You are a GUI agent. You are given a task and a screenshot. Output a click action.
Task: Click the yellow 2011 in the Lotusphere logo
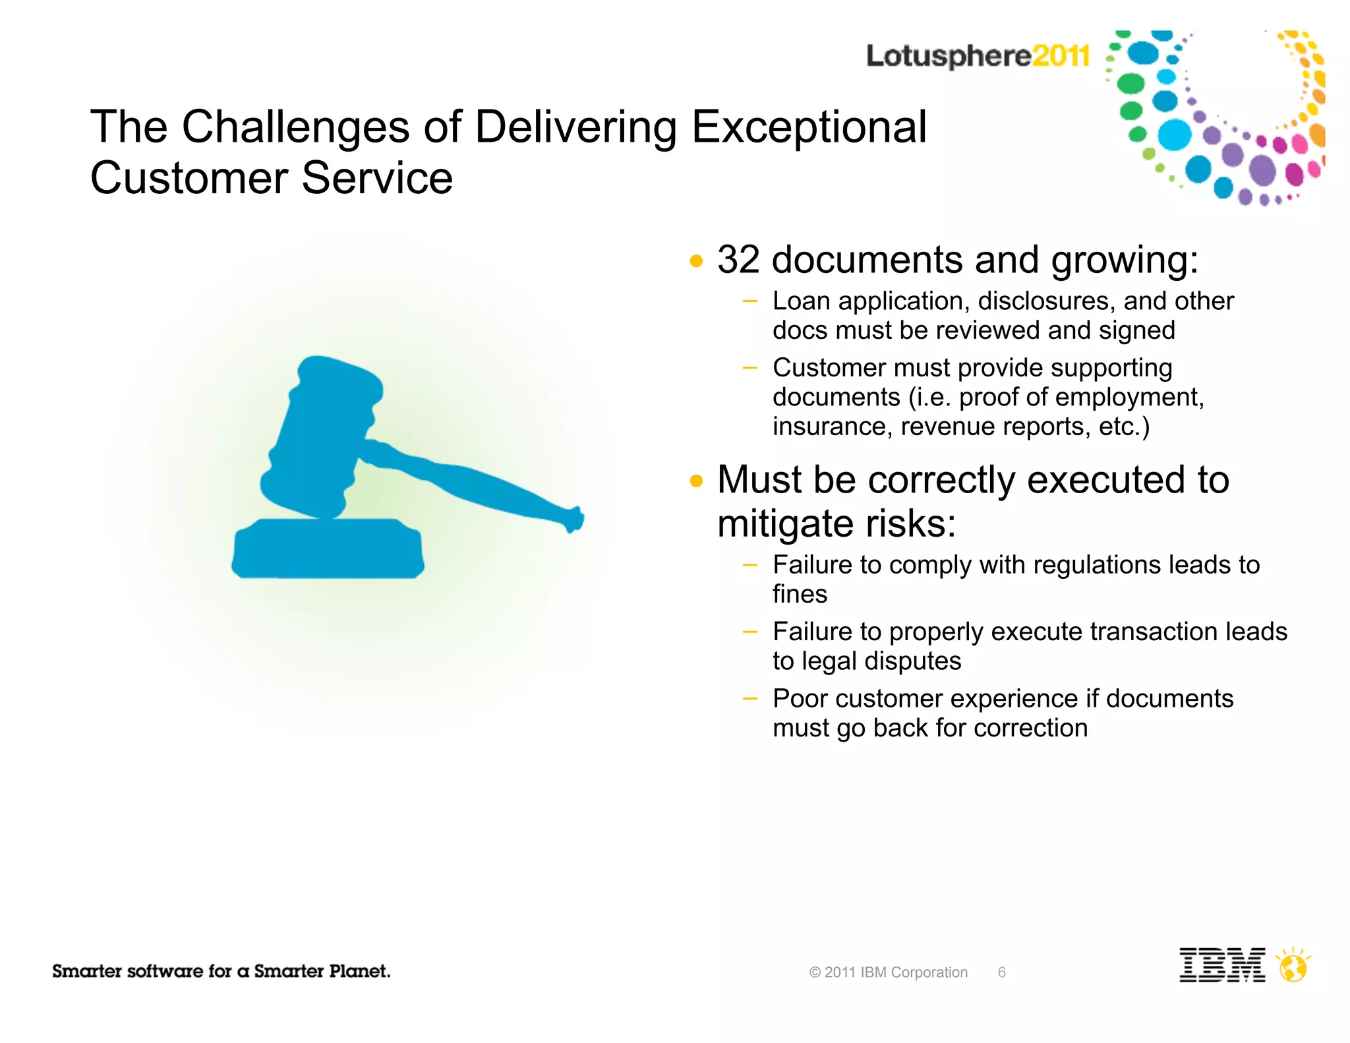click(x=1061, y=55)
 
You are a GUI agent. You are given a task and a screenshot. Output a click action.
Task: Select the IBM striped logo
click(x=1221, y=965)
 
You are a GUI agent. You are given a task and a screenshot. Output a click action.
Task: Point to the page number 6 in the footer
click(x=1001, y=972)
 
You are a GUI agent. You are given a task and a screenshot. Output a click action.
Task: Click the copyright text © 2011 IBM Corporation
click(x=888, y=972)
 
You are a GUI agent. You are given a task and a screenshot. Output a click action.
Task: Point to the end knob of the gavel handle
click(x=575, y=519)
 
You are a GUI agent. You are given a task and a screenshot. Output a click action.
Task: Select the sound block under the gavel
click(x=328, y=549)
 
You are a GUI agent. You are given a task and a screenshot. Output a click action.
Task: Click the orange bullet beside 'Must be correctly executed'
click(x=696, y=481)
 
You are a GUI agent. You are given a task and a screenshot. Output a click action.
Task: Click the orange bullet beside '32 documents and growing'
click(x=696, y=261)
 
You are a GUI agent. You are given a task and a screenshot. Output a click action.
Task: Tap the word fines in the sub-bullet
click(x=800, y=595)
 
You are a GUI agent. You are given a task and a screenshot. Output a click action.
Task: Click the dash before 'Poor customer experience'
click(x=749, y=698)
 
